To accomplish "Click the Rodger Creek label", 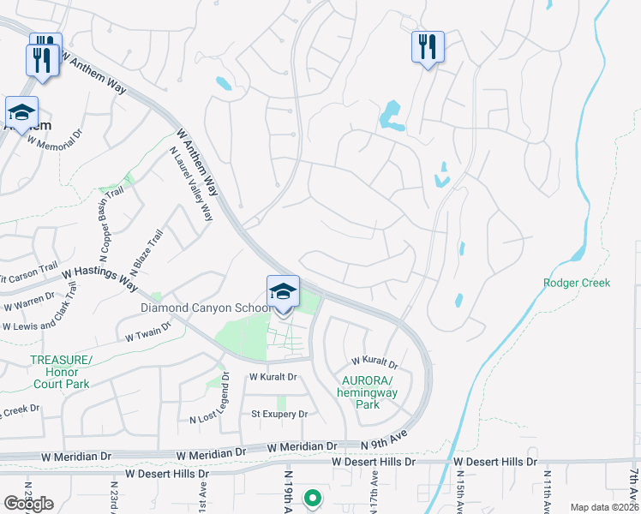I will (x=577, y=283).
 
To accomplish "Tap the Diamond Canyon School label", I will (x=207, y=308).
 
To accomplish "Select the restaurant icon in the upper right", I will (x=427, y=46).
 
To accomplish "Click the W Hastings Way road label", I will (x=99, y=278).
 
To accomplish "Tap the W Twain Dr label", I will (x=144, y=338).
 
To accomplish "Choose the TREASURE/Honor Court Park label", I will (x=60, y=373).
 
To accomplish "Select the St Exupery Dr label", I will (x=279, y=415).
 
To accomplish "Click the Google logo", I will (x=27, y=504).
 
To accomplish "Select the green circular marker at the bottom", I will (x=313, y=498).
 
